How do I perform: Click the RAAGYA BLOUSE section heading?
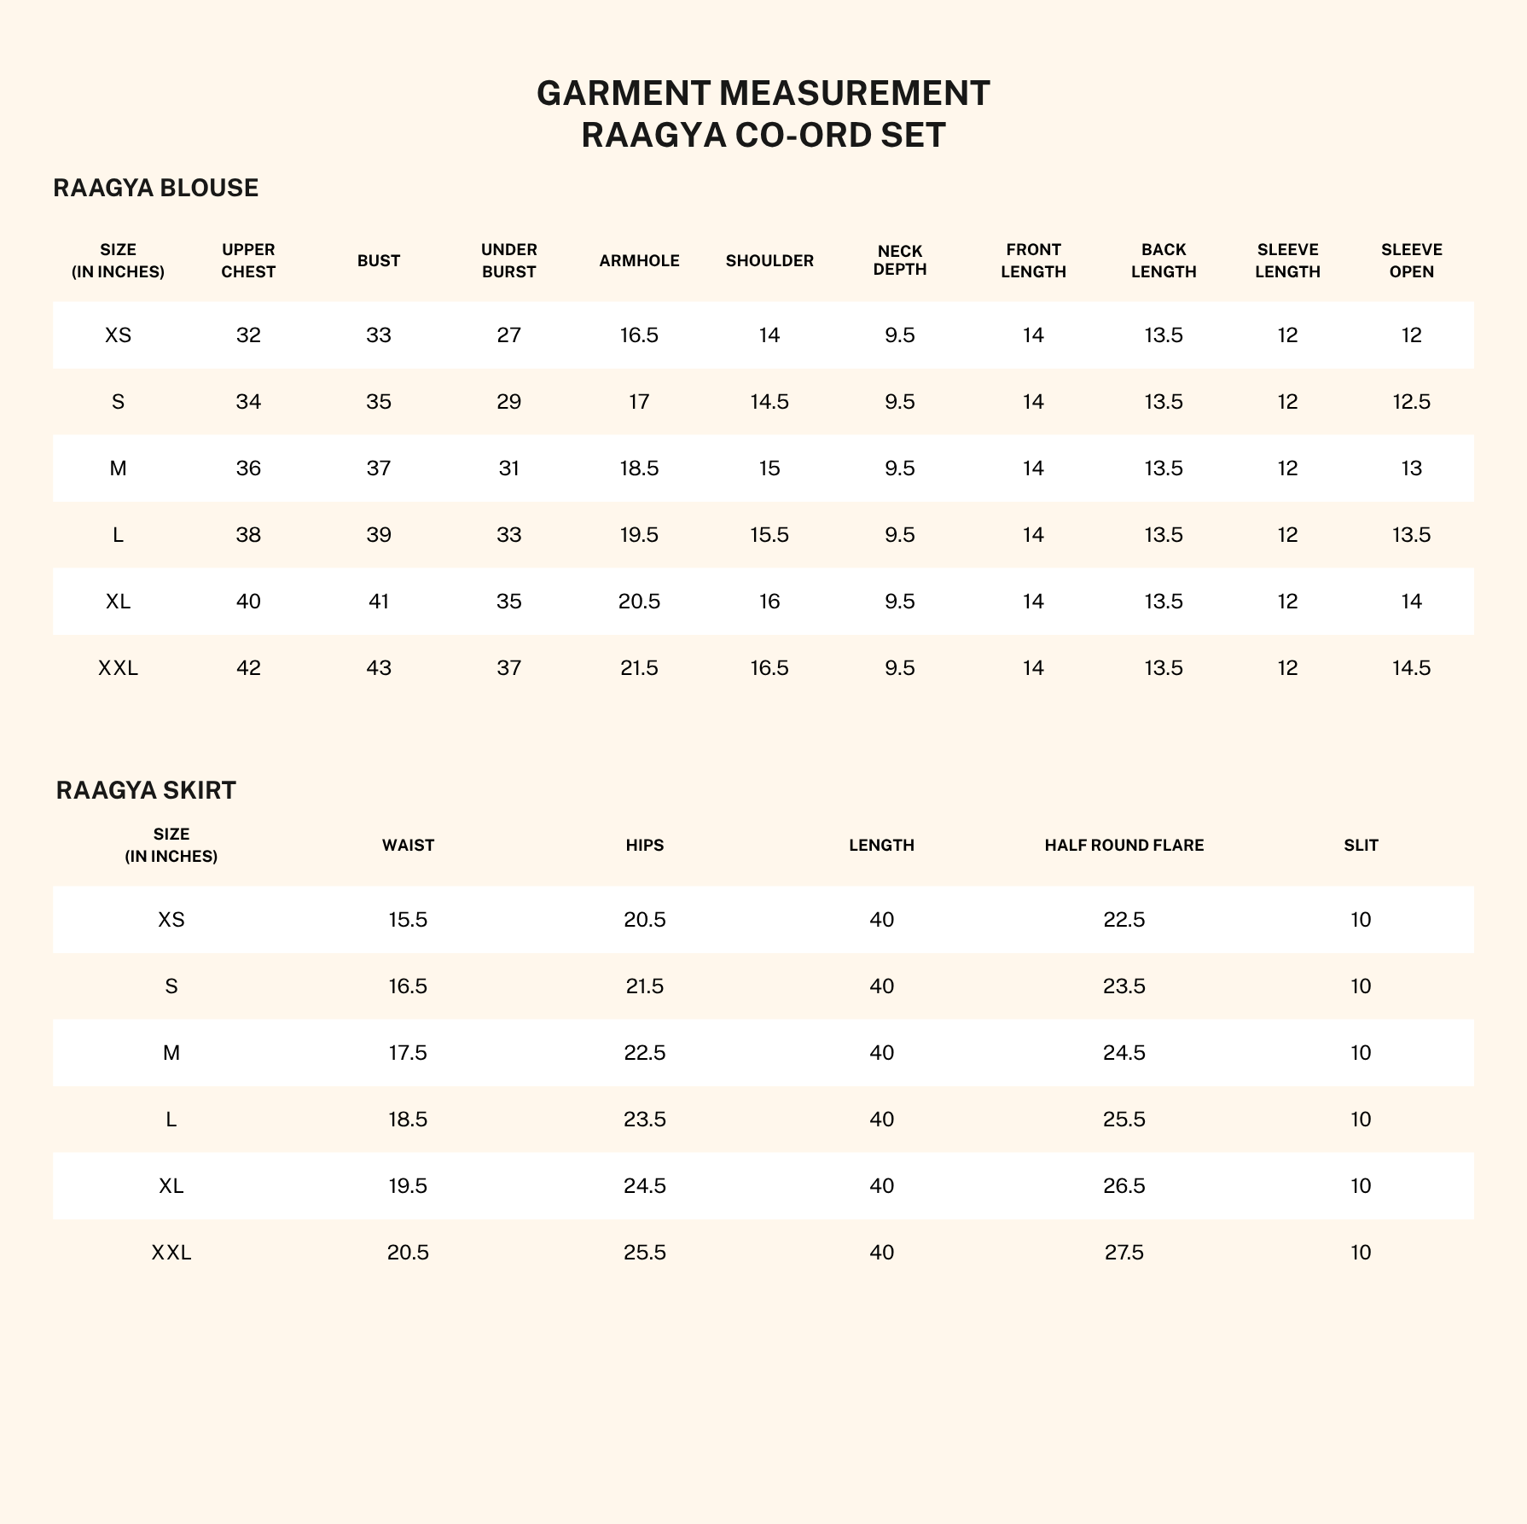point(155,188)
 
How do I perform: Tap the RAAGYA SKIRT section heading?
point(146,790)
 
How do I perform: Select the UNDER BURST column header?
point(508,261)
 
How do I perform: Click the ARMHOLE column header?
point(639,261)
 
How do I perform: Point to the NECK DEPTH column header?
point(900,261)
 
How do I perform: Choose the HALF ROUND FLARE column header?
point(1123,846)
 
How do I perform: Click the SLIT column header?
point(1361,846)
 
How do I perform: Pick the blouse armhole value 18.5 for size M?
point(639,468)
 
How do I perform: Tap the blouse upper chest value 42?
point(248,668)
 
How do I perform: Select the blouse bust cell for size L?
point(379,535)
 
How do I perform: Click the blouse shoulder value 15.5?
point(769,535)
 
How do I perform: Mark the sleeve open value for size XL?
point(1411,602)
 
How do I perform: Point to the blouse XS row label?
point(118,335)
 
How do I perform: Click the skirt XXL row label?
point(171,1253)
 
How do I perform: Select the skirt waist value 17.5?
point(408,1053)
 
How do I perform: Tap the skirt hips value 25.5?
point(644,1253)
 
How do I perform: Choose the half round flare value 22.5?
point(1123,920)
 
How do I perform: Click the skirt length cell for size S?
point(881,986)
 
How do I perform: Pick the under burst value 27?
point(508,335)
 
